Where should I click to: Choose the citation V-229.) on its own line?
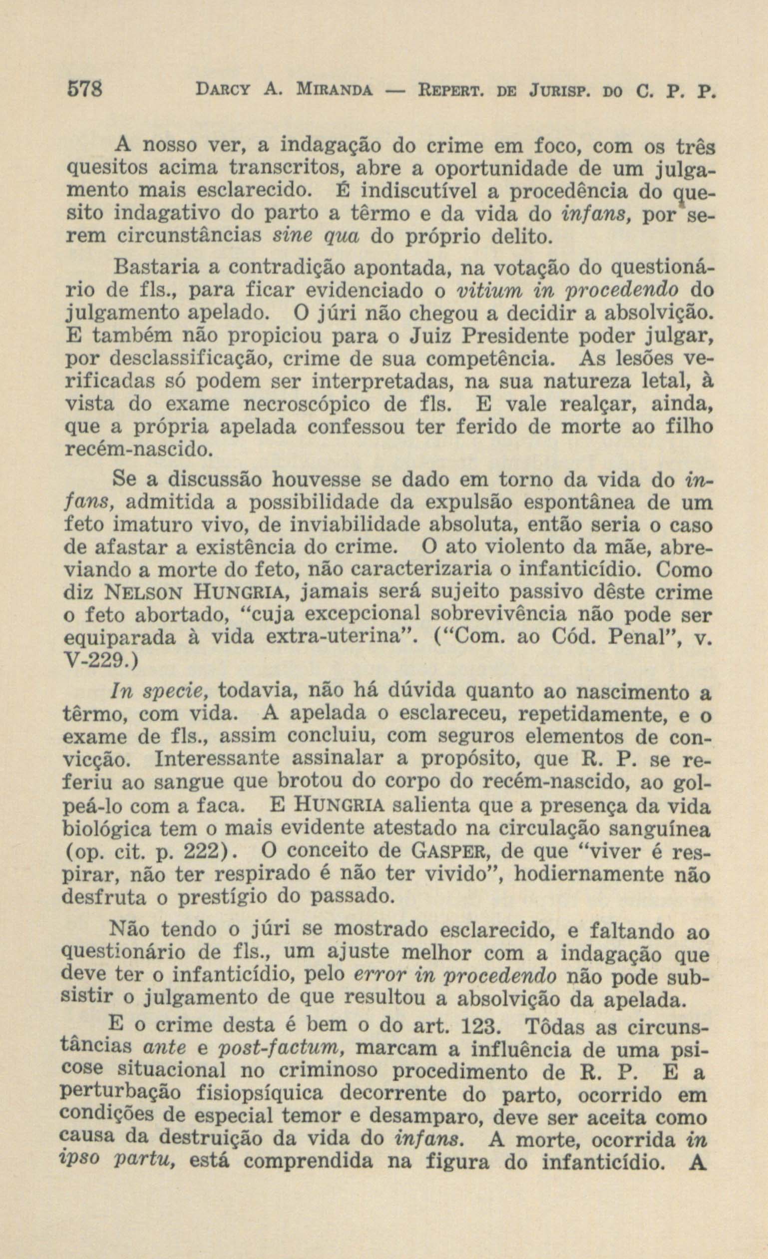[99, 661]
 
